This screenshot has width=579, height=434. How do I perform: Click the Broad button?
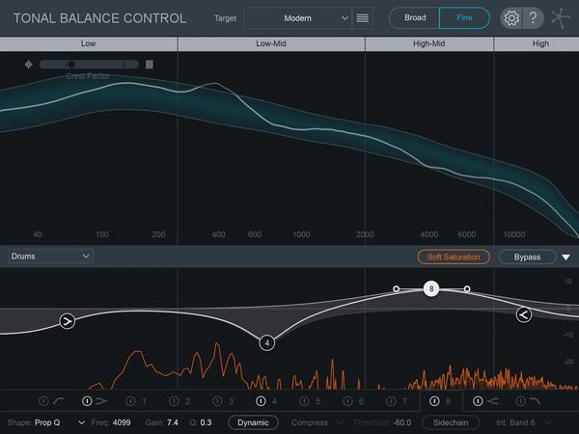point(414,17)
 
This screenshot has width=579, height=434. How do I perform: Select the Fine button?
point(464,17)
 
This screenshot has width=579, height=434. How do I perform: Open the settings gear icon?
point(511,17)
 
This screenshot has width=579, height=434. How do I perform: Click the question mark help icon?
point(533,17)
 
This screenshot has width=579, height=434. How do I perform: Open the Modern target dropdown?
point(297,17)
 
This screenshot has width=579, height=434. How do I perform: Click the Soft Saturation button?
point(455,257)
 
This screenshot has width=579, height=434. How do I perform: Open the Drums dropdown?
point(50,257)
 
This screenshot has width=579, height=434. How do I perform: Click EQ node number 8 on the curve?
point(431,288)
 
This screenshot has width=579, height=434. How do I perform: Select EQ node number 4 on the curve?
point(267,341)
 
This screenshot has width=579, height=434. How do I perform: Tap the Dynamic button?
point(253,422)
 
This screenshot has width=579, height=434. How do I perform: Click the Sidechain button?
point(451,422)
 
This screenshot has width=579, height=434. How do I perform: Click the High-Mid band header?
point(428,43)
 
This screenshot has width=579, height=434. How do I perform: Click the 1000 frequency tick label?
point(301,234)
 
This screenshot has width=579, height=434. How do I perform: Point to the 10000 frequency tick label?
point(514,234)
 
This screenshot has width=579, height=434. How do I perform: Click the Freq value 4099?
point(122,422)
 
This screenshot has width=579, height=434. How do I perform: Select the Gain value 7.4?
point(173,422)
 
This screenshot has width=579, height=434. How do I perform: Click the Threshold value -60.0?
point(402,422)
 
